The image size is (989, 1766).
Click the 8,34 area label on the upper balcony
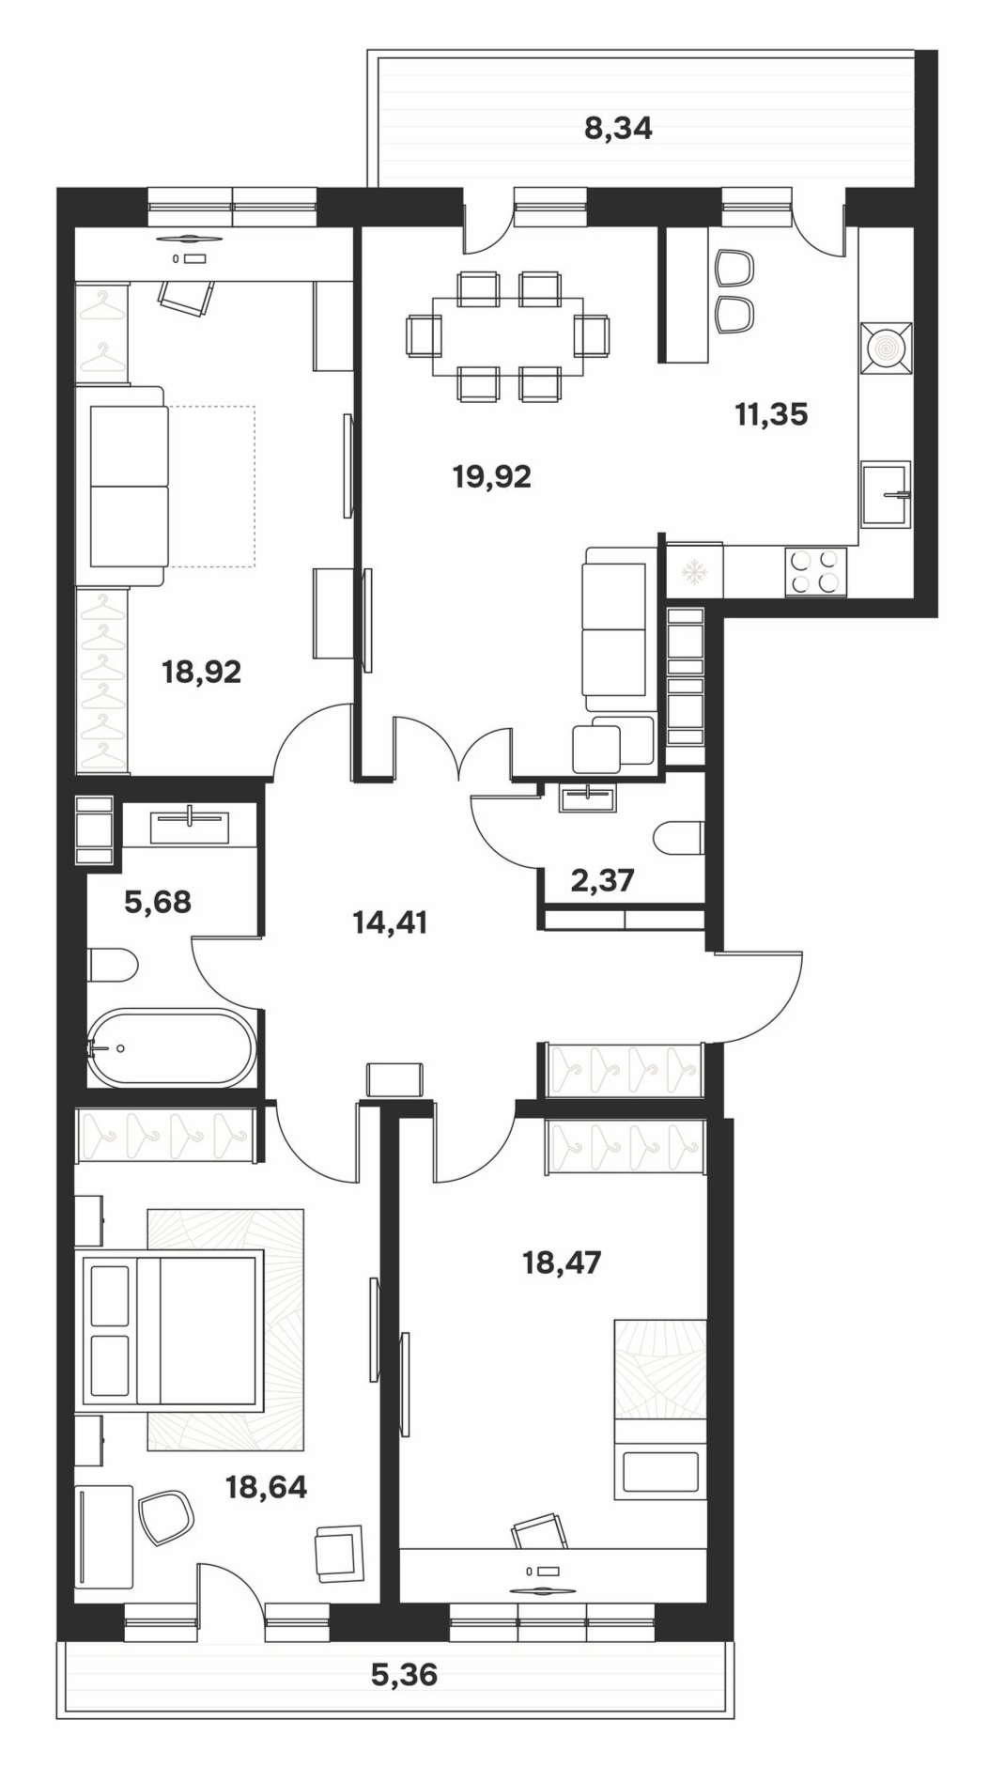point(618,129)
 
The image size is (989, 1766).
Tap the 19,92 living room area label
point(491,477)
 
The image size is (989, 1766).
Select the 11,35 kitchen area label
point(771,414)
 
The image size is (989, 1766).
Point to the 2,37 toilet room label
point(602,881)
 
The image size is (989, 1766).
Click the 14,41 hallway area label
point(390,922)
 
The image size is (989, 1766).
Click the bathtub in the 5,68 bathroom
point(171,1048)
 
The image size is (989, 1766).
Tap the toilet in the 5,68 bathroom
point(113,965)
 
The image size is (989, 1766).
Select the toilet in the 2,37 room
point(679,838)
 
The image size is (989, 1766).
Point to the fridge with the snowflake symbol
point(695,570)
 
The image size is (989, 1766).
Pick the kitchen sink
point(886,494)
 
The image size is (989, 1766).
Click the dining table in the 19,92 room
point(507,336)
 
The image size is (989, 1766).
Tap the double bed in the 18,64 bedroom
point(173,1328)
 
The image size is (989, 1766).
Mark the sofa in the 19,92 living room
point(615,629)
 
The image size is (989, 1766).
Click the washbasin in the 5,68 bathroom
point(190,826)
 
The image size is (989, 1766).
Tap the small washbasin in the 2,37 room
point(587,798)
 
